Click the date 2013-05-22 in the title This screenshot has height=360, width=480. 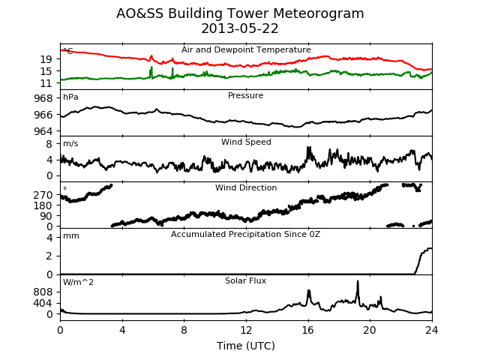tap(240, 28)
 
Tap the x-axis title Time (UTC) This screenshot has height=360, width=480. tap(246, 346)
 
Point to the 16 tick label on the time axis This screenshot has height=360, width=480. tap(308, 330)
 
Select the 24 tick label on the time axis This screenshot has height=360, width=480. tap(432, 330)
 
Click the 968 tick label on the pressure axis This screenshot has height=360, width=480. tap(43, 98)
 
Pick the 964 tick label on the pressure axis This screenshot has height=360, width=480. tap(43, 131)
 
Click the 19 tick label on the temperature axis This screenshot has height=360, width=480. tap(46, 59)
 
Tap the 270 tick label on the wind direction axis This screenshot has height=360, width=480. tap(43, 195)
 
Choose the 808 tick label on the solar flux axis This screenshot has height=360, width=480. tap(43, 292)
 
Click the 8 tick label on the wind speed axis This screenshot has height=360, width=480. tap(49, 144)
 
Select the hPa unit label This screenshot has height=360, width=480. tap(70, 97)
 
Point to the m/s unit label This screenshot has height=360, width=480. tap(70, 143)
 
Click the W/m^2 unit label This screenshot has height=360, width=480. tap(78, 282)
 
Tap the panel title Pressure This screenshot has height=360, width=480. tap(245, 95)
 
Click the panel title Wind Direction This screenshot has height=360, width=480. tap(246, 187)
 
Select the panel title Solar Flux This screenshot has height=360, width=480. tap(245, 280)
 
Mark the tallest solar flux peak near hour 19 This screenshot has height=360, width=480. tap(358, 281)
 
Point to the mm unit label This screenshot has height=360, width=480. tap(71, 236)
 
